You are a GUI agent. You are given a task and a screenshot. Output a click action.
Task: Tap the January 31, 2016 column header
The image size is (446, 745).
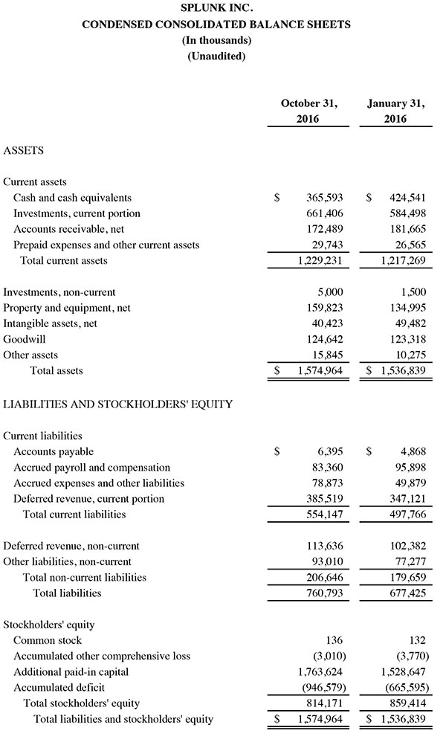pyautogui.click(x=395, y=112)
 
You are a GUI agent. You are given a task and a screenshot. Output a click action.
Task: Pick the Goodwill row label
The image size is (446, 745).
pyautogui.click(x=24, y=340)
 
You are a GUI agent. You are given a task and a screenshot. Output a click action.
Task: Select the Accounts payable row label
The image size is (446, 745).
pyautogui.click(x=54, y=451)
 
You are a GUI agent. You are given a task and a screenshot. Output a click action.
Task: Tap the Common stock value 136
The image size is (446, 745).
pyautogui.click(x=334, y=641)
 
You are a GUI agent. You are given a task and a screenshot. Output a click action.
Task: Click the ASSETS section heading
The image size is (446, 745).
pyautogui.click(x=24, y=151)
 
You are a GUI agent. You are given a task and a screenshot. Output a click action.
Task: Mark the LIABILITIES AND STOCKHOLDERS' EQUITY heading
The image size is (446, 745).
pyautogui.click(x=118, y=404)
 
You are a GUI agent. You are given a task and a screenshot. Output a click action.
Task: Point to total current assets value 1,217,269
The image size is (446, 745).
pyautogui.click(x=401, y=261)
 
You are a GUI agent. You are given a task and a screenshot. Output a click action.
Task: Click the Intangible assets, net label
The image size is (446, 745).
pyautogui.click(x=50, y=324)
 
